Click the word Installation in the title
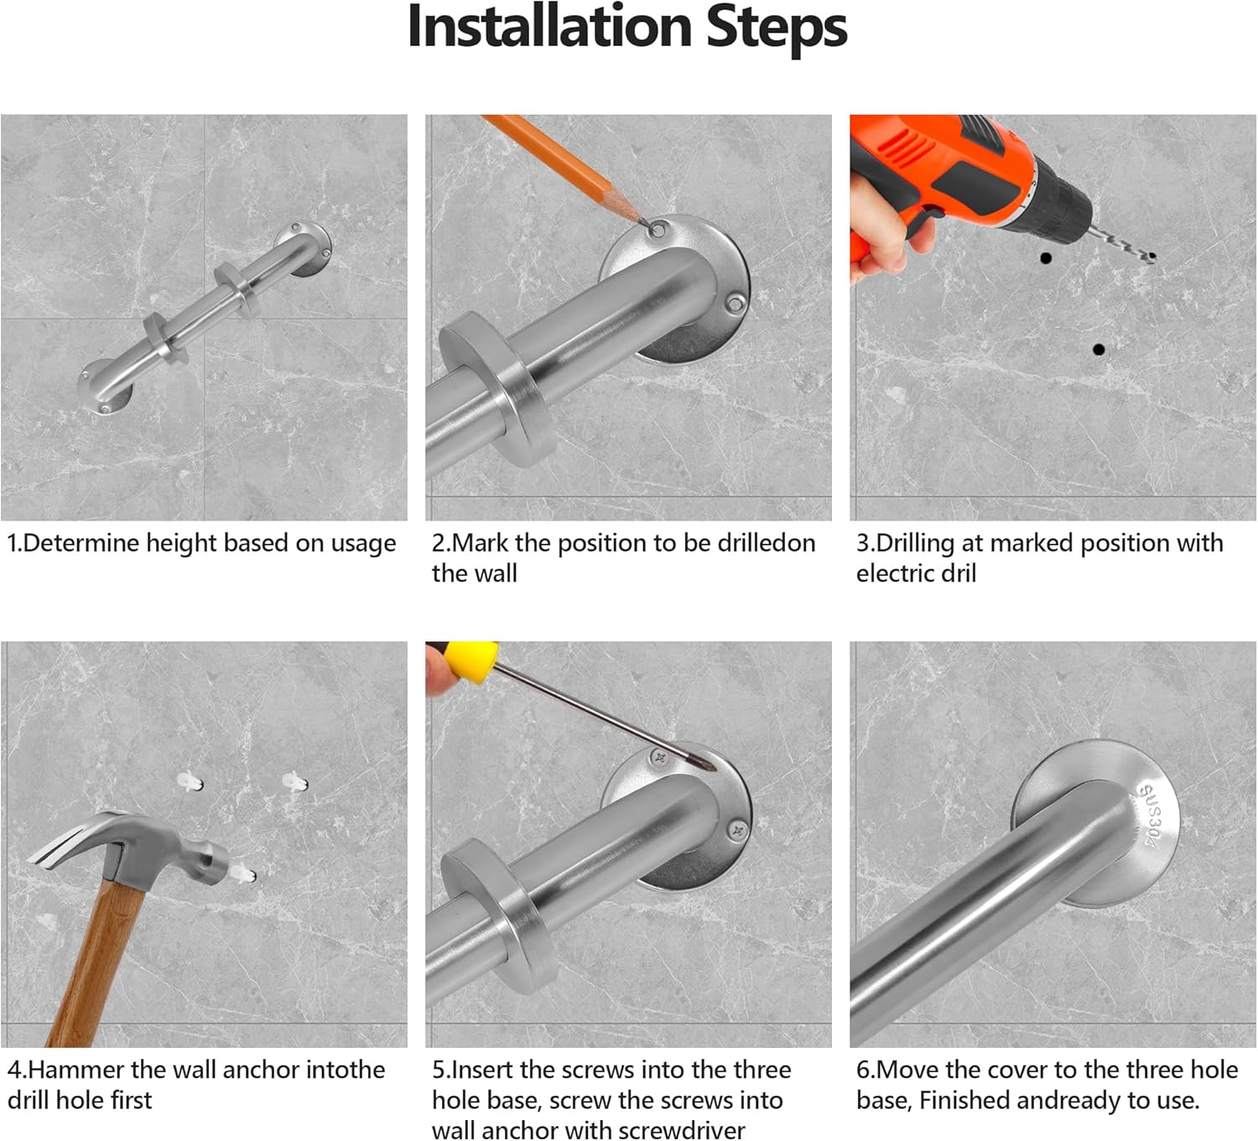(549, 26)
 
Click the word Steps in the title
(777, 29)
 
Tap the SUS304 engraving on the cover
(1151, 816)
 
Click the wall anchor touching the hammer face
(243, 871)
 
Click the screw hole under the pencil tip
(658, 231)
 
